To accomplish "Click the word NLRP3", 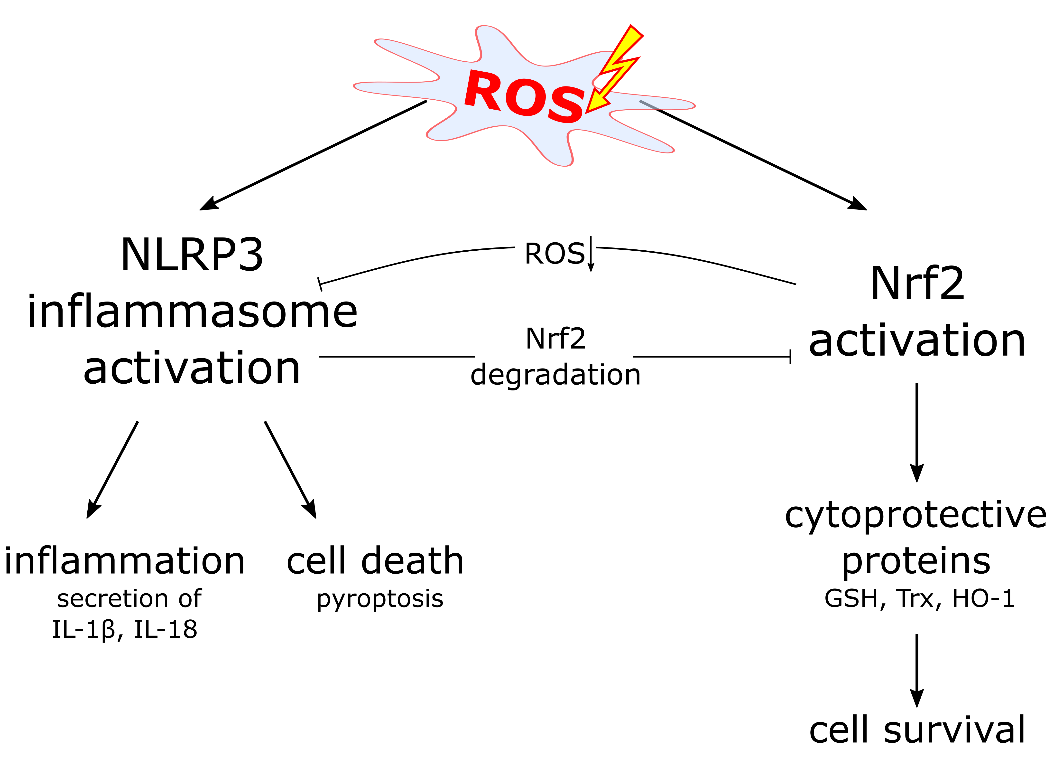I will point(192,255).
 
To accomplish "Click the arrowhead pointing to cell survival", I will point(916,698).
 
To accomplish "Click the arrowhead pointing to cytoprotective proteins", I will point(916,473).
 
